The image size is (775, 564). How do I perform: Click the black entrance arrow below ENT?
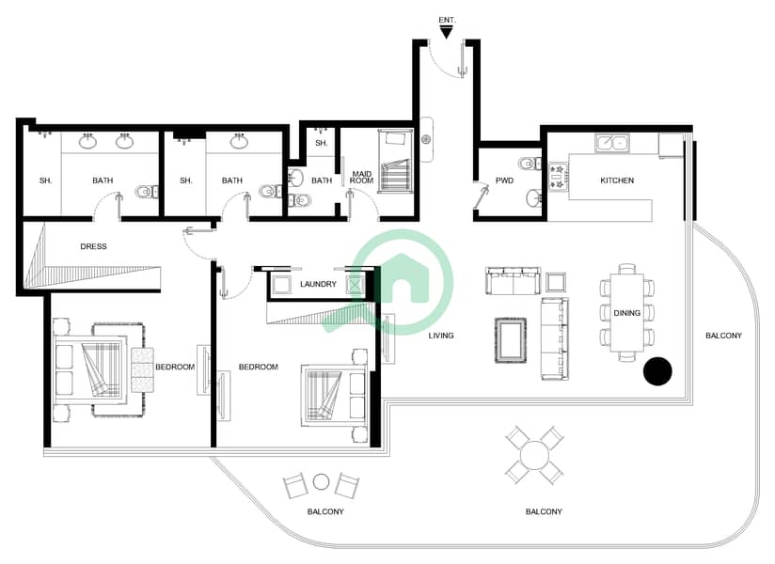coord(447,33)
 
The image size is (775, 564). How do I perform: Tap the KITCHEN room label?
coord(617,180)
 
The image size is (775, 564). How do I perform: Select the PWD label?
coord(504,180)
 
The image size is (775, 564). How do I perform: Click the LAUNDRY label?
coord(318,285)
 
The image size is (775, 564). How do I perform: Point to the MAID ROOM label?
coord(361,178)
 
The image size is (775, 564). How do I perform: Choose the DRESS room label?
coord(93,246)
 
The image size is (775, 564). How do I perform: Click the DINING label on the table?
coord(626,313)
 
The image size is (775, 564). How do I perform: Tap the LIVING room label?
coord(441,336)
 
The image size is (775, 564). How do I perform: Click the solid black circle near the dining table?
coord(657,371)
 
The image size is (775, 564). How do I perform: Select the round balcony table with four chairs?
coord(534,455)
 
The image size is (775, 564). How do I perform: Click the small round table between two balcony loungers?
coord(322,481)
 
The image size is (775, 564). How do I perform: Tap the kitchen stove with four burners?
coord(558,177)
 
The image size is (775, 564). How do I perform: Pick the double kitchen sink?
coord(612,143)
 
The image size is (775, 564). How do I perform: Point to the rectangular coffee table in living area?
coord(511,340)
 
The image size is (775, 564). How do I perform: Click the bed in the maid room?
coord(395,161)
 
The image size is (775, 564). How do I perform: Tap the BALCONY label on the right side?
coord(723,336)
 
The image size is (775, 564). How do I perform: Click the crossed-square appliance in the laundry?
coord(356,285)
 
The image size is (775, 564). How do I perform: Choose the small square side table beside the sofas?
coord(556,283)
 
